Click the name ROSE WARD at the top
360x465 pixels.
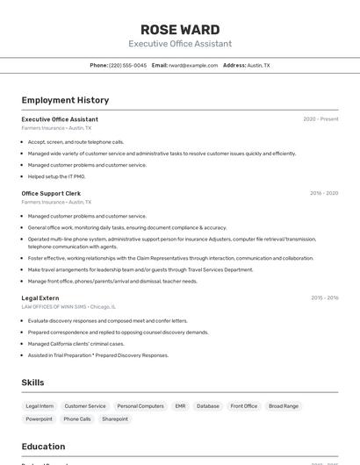[180, 29]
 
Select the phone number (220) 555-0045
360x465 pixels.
[127, 66]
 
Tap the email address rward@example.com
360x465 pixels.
[193, 66]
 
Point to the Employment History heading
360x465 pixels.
[65, 100]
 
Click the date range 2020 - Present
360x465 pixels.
[320, 119]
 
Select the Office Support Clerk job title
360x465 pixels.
[51, 193]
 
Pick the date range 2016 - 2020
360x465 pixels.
[323, 193]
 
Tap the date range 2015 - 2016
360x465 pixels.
[324, 298]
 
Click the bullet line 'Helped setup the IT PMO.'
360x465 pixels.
[56, 176]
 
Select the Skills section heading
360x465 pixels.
[33, 383]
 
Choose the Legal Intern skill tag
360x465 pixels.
[40, 406]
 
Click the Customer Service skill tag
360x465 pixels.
[85, 406]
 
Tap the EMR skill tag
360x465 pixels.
[180, 406]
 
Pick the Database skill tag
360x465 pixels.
[208, 406]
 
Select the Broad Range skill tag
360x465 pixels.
[284, 406]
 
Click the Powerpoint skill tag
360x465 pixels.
[39, 419]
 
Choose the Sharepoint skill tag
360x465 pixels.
[115, 419]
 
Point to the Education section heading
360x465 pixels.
[44, 447]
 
